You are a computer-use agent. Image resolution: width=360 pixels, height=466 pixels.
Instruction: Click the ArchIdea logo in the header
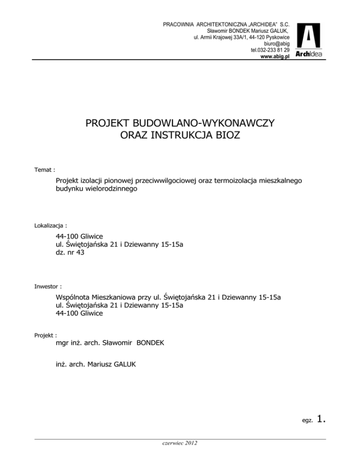point(310,41)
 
